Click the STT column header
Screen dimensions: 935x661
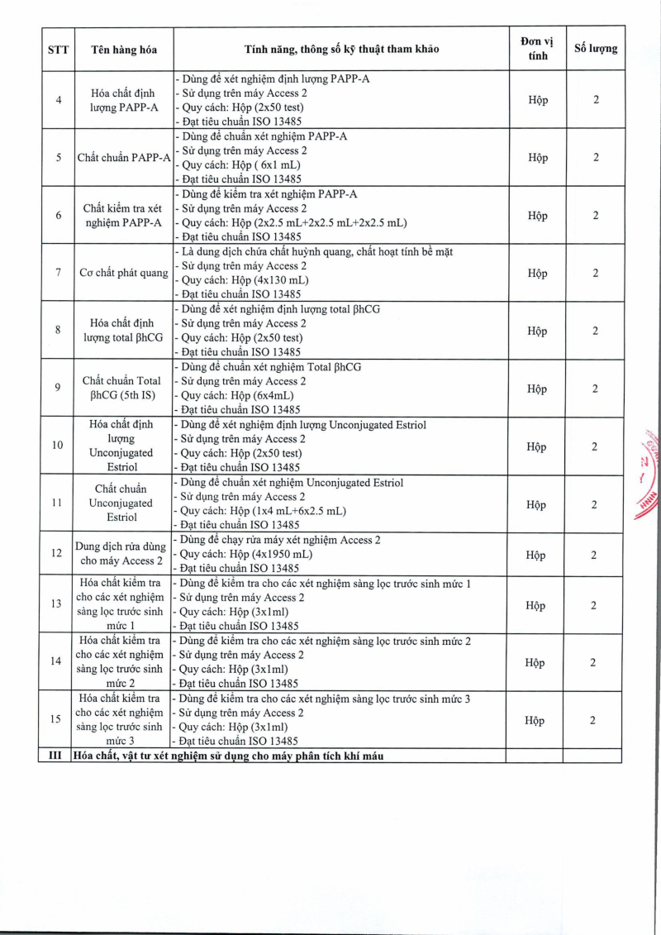(58, 49)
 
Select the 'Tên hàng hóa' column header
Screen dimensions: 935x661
(123, 49)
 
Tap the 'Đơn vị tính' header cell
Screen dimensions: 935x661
(537, 49)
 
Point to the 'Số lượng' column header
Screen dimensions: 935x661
(595, 49)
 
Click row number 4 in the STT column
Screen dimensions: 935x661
(58, 100)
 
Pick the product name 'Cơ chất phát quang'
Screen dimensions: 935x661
(123, 273)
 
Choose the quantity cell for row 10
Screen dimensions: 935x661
(595, 446)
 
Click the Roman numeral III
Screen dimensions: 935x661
(55, 756)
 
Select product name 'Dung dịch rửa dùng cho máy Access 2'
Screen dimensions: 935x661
(121, 554)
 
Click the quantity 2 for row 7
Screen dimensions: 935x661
(595, 273)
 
